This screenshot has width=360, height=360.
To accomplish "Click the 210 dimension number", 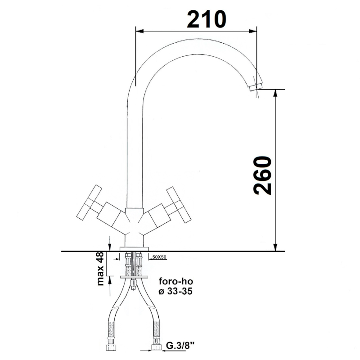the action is point(207,19).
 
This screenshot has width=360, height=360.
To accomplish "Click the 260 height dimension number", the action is point(262,175).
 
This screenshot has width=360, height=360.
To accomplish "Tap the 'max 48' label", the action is point(101,268).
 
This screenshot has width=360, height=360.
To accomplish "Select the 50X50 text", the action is point(159,257).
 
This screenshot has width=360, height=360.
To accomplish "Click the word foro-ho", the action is point(176,281).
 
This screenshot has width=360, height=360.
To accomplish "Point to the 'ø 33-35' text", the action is point(175,291).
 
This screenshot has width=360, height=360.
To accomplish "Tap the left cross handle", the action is point(89,203).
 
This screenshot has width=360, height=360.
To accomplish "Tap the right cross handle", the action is point(179,205).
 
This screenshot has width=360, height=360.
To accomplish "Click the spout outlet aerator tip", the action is point(256,86).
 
